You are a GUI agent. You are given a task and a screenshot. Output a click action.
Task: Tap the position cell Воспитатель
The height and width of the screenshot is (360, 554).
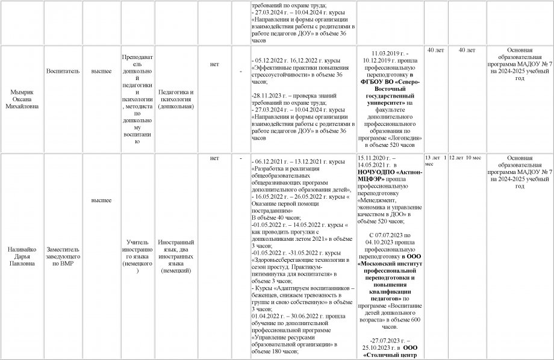coord(63,70)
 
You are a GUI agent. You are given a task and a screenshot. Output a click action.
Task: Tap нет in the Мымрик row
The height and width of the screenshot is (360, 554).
coord(214,61)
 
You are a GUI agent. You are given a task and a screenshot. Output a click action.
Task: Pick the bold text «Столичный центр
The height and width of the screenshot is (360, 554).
coord(390,355)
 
